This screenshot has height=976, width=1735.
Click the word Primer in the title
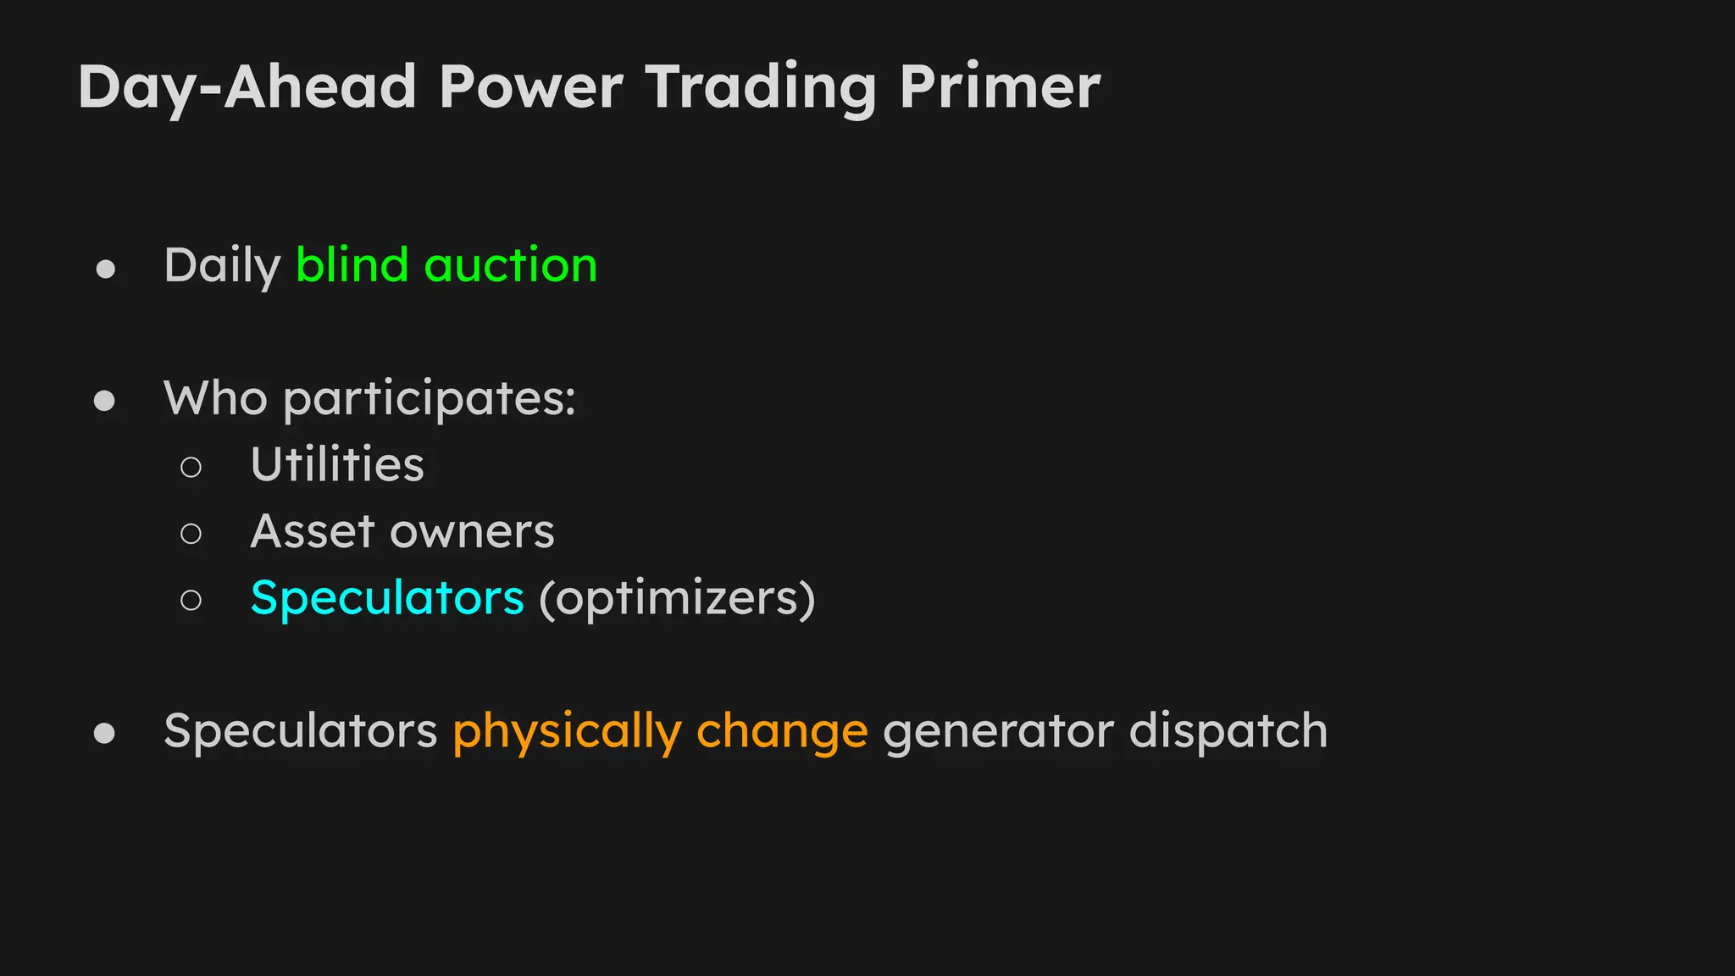click(x=1000, y=86)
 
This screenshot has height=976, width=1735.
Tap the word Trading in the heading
click(x=760, y=88)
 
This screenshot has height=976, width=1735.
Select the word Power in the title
click(x=530, y=86)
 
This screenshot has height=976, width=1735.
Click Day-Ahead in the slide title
click(x=247, y=88)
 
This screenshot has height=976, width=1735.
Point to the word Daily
click(x=222, y=266)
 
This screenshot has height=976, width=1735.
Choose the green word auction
click(x=511, y=265)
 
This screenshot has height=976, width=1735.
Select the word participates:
click(x=430, y=399)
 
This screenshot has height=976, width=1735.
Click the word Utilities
click(x=337, y=464)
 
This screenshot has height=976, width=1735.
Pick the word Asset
click(x=313, y=531)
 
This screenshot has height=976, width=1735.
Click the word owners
click(x=472, y=532)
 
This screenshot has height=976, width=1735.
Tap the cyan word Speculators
click(x=387, y=598)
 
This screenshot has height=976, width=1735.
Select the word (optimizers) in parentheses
click(x=677, y=599)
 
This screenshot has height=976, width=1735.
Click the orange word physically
click(x=567, y=732)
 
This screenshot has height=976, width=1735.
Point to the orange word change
click(x=782, y=732)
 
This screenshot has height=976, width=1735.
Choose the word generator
click(x=998, y=732)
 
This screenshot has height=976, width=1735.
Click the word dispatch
click(x=1228, y=731)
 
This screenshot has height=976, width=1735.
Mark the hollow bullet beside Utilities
click(x=191, y=467)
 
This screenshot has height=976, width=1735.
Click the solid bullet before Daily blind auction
click(x=106, y=269)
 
